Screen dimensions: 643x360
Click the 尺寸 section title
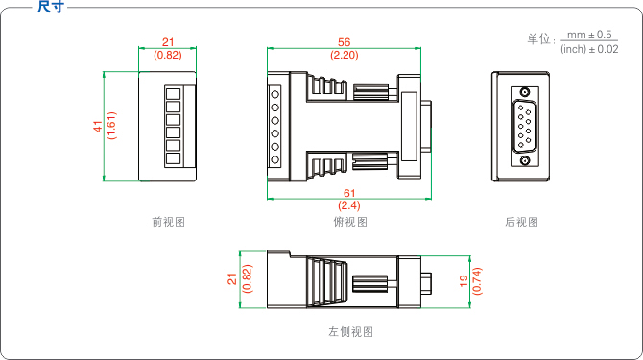[x=51, y=7]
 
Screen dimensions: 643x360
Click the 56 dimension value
[x=345, y=42]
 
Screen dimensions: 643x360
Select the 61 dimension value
[x=349, y=193]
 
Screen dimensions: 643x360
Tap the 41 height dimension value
[x=98, y=126]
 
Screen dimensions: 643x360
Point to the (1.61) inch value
[x=111, y=126]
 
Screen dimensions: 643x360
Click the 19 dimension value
[x=464, y=281]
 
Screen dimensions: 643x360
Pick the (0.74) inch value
[x=477, y=281]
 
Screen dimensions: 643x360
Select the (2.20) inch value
[x=345, y=55]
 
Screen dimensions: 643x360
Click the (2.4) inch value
[x=349, y=205]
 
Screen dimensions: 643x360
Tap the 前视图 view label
[x=169, y=222]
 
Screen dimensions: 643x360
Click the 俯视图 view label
[x=350, y=222]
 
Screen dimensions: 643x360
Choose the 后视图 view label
[x=521, y=222]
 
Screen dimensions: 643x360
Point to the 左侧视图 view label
[x=350, y=332]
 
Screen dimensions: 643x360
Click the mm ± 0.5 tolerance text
[x=589, y=35]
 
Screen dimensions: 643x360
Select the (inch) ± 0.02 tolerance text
[x=589, y=49]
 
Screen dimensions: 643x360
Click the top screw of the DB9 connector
[x=525, y=92]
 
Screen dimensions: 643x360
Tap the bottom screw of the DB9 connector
[x=525, y=160]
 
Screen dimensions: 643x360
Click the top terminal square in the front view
[x=173, y=94]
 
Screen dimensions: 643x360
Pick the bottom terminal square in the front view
[x=173, y=158]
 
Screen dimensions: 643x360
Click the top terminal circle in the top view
[x=274, y=95]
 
